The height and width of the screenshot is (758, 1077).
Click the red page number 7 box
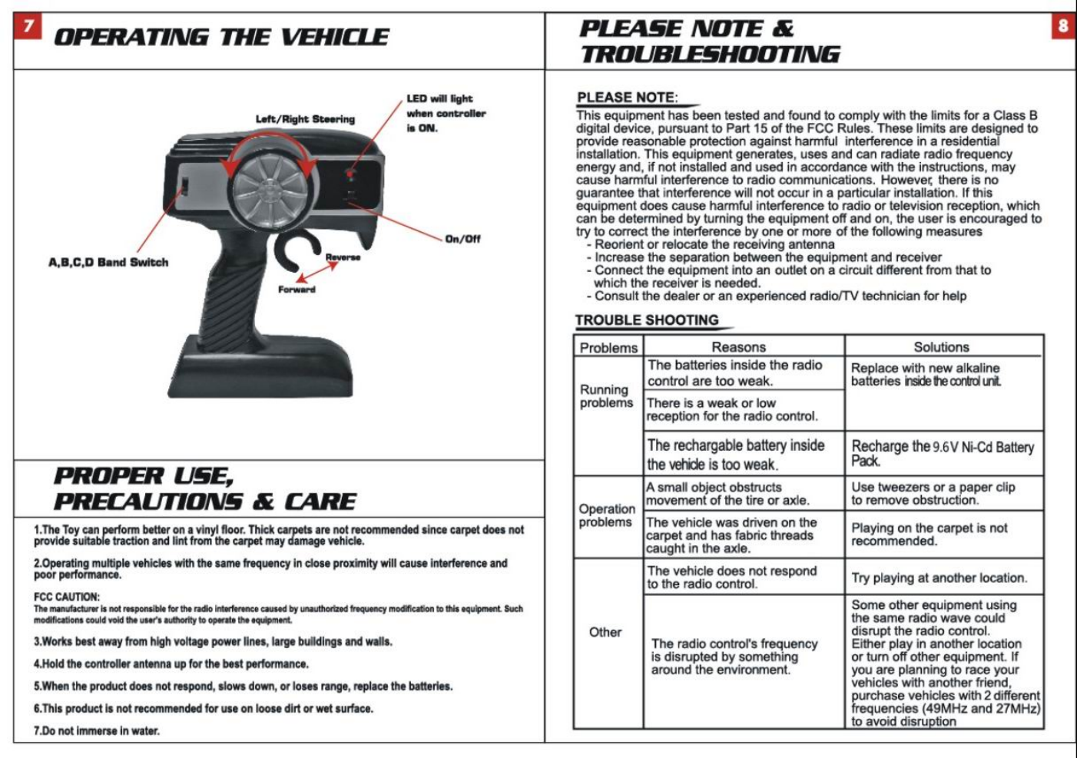pyautogui.click(x=28, y=27)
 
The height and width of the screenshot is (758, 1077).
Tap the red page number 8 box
pyautogui.click(x=1062, y=27)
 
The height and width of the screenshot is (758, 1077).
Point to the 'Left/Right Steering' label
pyautogui.click(x=305, y=119)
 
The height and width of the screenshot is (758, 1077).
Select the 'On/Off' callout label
pyautogui.click(x=462, y=239)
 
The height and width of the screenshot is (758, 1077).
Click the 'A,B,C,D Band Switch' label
pyautogui.click(x=108, y=263)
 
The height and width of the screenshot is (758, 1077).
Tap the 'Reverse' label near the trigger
pyautogui.click(x=343, y=257)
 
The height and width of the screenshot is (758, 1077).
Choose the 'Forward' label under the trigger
pyautogui.click(x=297, y=290)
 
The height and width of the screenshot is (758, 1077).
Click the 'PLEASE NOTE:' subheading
pyautogui.click(x=627, y=98)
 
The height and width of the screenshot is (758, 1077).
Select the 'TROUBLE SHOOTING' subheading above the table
pyautogui.click(x=647, y=320)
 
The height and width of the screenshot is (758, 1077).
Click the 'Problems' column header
pyautogui.click(x=608, y=348)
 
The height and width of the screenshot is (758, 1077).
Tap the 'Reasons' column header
pyautogui.click(x=738, y=347)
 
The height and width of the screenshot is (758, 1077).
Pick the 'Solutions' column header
pyautogui.click(x=941, y=347)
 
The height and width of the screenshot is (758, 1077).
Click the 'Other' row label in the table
pyautogui.click(x=605, y=632)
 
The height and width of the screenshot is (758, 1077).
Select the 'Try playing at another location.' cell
pyautogui.click(x=939, y=578)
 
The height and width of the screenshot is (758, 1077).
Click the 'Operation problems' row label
pyautogui.click(x=606, y=515)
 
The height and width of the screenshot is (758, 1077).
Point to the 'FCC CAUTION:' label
pyautogui.click(x=66, y=597)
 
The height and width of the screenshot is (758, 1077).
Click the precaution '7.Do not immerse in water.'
pyautogui.click(x=97, y=731)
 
